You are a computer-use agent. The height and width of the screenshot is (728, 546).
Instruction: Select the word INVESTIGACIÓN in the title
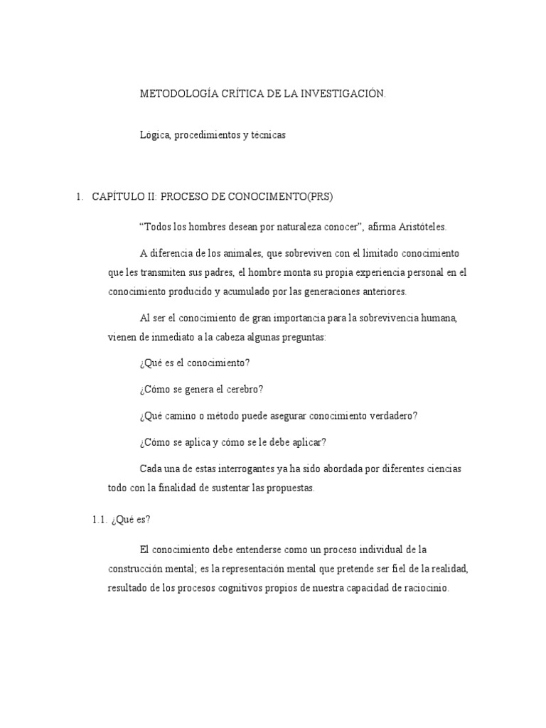(x=346, y=94)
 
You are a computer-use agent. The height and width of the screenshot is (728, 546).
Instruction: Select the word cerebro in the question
(x=245, y=389)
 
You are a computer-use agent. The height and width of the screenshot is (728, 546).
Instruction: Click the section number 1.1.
(x=100, y=519)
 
